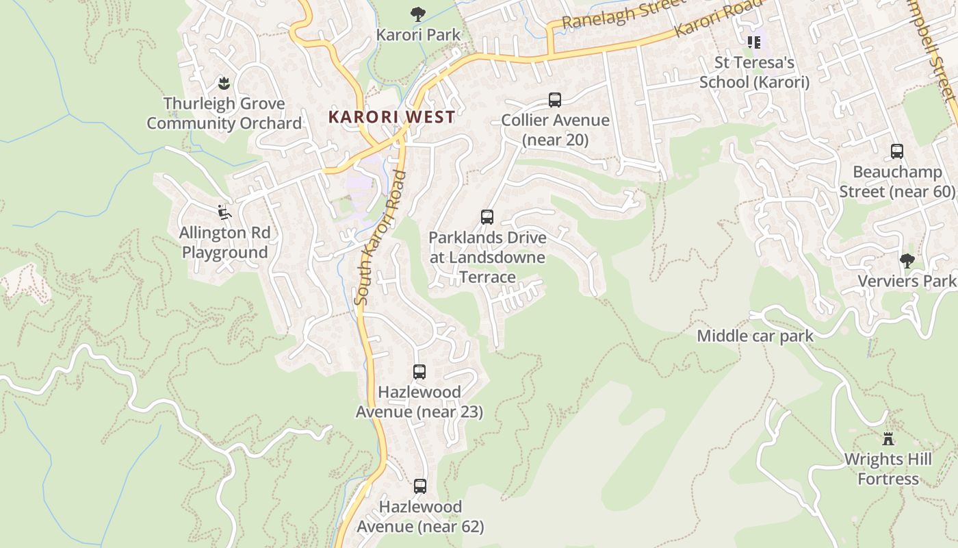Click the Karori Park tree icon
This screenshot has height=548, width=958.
coord(417,14)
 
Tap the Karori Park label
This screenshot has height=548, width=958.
coord(419,34)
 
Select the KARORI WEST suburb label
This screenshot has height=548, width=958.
coord(391,116)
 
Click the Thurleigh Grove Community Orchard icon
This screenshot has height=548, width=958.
coord(223,84)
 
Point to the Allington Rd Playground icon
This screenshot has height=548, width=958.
coord(224,212)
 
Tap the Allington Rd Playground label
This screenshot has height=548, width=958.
coord(224,242)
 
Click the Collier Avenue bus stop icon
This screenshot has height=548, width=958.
coord(555,100)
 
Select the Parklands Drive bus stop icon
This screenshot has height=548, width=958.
coord(487,217)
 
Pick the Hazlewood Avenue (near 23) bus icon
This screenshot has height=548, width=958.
coord(419,372)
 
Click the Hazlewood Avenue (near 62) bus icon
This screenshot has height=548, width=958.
coord(420,486)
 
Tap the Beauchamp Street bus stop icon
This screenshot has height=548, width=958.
coord(897,151)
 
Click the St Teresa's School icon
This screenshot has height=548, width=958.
coord(754,42)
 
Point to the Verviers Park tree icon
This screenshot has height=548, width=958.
coord(907,260)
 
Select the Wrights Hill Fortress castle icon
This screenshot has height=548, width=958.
coord(888,438)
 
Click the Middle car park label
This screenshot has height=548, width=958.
coord(755,336)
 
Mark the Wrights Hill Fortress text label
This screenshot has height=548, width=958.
coord(888,469)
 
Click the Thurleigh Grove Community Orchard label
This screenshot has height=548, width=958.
coord(224,114)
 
